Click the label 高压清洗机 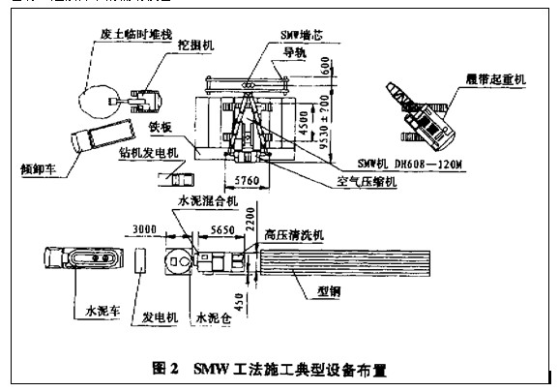(295, 233)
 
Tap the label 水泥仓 (214, 316)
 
